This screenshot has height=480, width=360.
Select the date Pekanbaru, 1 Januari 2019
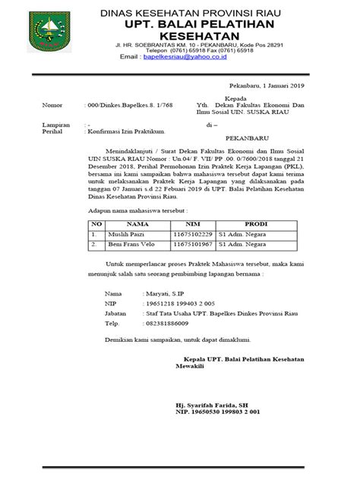click(x=268, y=87)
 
